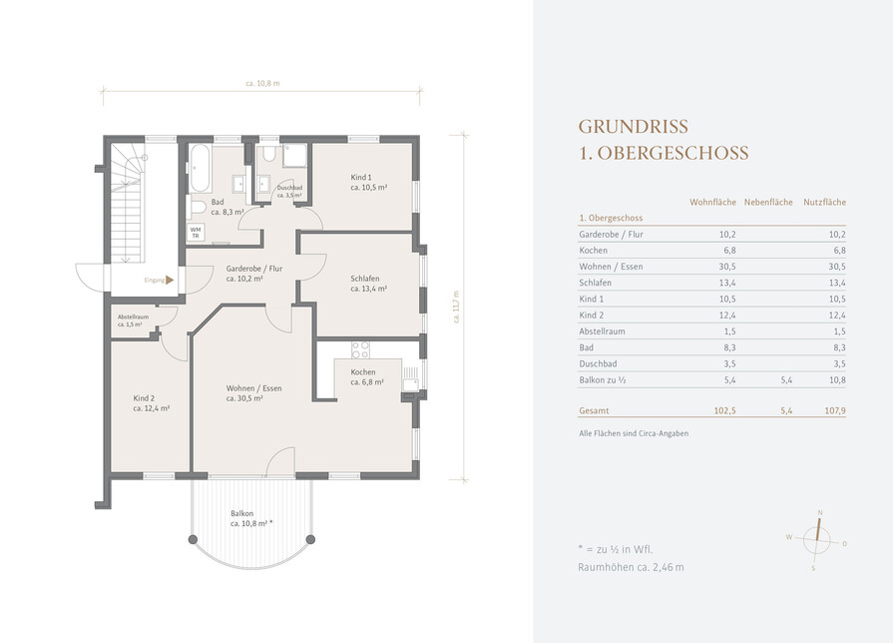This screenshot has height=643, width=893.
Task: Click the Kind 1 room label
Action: pos(368,183)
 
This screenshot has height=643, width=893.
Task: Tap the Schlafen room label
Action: pos(368,284)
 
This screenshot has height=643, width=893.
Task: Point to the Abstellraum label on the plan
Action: pos(133,321)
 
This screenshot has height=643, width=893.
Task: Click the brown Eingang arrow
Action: pos(170,280)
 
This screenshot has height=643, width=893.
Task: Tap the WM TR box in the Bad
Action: pos(196,233)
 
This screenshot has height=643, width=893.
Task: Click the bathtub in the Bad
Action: pos(200,168)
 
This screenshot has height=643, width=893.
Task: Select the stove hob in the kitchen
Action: pos(360,349)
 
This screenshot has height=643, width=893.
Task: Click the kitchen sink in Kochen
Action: pos(410,378)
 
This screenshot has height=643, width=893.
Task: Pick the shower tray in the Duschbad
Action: pos(295,156)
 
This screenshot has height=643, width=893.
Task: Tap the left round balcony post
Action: pos(193,539)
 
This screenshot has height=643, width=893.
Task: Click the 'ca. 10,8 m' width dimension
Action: pos(262,83)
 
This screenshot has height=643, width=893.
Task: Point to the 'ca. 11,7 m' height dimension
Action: pos(456,307)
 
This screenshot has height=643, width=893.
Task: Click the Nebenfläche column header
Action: pos(768,202)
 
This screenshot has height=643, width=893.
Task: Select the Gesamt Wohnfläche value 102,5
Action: pos(725,410)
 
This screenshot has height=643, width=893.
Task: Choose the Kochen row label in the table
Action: pos(594,251)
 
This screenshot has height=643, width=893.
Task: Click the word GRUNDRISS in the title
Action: pos(634,127)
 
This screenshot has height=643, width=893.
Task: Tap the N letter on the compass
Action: pos(820,512)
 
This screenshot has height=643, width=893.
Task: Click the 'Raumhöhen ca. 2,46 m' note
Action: pos(631,567)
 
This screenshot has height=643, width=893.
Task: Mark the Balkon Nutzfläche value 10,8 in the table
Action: pos(837,379)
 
